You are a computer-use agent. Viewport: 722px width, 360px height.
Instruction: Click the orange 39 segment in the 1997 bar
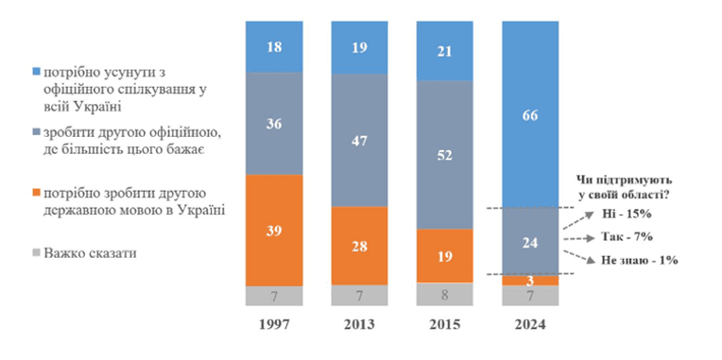click(x=274, y=231)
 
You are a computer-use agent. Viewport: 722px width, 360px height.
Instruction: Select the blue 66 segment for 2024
click(x=530, y=114)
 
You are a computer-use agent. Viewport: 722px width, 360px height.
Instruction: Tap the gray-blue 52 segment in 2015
click(x=445, y=155)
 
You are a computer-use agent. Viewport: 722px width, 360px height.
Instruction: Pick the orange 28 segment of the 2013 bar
click(x=359, y=246)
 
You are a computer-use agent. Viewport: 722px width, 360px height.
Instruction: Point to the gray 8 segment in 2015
click(x=445, y=294)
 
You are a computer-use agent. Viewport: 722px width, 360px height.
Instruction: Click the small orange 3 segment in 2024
click(x=530, y=281)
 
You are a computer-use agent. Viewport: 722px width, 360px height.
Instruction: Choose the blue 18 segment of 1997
click(x=274, y=46)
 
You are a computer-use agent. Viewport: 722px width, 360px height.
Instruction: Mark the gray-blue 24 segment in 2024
click(x=530, y=242)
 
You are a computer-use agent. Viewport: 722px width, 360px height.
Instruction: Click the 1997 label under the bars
click(x=274, y=324)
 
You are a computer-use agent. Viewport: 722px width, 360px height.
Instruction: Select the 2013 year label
click(x=360, y=324)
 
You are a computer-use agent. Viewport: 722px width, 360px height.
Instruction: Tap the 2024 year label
click(x=530, y=324)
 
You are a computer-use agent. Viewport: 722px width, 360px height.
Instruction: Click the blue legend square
click(x=37, y=72)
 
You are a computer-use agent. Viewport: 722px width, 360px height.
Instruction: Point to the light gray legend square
click(x=37, y=252)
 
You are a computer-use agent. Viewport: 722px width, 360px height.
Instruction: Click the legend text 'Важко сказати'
click(x=91, y=252)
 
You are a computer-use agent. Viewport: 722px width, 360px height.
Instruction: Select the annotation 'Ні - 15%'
click(x=627, y=214)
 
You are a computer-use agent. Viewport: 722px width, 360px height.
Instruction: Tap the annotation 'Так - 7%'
click(x=627, y=237)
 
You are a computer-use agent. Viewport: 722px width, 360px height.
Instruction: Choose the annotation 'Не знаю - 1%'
click(x=639, y=260)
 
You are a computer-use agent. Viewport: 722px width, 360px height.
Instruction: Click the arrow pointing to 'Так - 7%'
click(x=577, y=239)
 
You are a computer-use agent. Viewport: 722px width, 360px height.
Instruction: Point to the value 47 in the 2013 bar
click(x=359, y=141)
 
